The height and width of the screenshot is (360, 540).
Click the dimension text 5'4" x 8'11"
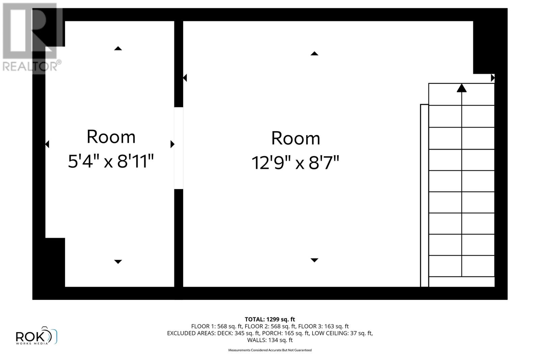pos(111,161)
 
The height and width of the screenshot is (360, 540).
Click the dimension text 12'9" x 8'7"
pos(295,163)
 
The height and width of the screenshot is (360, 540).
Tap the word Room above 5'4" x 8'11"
pos(111,137)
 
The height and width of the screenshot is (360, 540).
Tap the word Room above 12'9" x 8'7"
pos(296,138)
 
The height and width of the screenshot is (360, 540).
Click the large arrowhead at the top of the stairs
pos(461,88)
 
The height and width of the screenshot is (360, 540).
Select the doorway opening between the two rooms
pos(179,148)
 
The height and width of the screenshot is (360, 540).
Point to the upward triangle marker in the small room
pos(118,49)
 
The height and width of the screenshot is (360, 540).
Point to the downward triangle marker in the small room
pos(118,261)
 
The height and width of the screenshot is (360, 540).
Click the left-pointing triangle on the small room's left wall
pos(47,144)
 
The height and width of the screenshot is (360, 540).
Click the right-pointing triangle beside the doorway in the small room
pos(172,144)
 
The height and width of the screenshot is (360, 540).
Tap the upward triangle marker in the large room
pos(314,54)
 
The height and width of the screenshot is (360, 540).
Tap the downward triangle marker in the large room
pos(314,260)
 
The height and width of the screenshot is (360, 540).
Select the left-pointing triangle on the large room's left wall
pos(185,78)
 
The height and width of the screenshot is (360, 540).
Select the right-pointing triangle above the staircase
pos(492,78)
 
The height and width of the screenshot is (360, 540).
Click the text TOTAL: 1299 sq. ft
pos(270,319)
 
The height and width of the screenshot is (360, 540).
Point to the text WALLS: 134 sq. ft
pos(270,340)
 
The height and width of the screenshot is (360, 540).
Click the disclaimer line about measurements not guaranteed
pos(270,350)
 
